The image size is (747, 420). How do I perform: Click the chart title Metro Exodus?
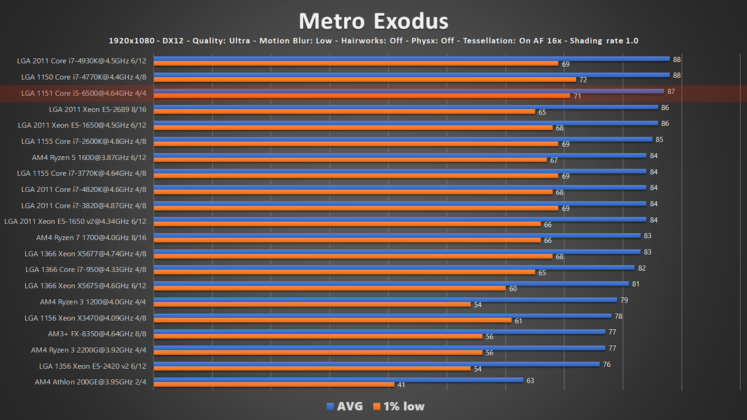(x=373, y=21)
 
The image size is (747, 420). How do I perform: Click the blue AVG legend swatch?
(x=330, y=406)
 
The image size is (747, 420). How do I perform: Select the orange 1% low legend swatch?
(x=376, y=406)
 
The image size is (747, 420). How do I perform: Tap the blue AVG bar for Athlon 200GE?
(x=338, y=380)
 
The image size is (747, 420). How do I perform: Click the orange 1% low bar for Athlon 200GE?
(x=274, y=385)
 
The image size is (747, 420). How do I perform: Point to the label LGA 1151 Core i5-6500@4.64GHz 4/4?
(x=84, y=93)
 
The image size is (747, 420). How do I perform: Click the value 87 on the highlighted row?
(x=671, y=91)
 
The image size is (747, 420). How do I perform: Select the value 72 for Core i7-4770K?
(x=583, y=80)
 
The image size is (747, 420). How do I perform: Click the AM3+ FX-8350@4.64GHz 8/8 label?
(x=97, y=334)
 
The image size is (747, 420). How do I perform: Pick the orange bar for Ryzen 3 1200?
(x=312, y=304)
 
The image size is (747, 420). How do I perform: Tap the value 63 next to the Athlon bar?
(x=530, y=381)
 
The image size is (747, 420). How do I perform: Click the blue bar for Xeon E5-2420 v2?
(x=377, y=364)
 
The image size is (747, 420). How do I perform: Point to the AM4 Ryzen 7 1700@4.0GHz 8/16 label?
(x=91, y=238)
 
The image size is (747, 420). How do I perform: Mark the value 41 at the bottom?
(x=401, y=385)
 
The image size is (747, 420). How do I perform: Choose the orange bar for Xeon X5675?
(x=330, y=288)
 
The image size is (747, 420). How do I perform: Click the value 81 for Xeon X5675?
(x=636, y=284)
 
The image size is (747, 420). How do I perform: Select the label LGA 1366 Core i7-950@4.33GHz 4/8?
(x=86, y=269)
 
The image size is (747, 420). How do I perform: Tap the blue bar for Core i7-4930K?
(x=412, y=59)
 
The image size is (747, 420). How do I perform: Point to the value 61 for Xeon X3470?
(x=518, y=321)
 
